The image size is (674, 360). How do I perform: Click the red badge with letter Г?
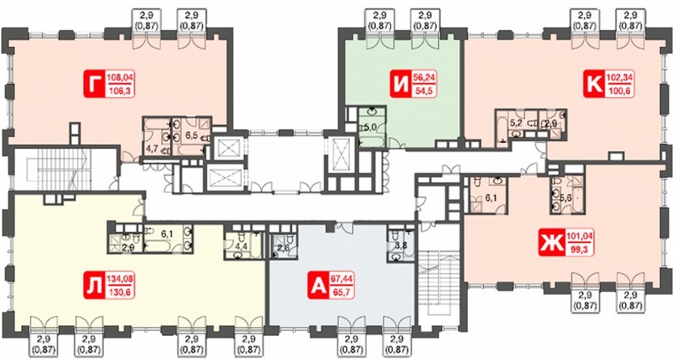point(94,85)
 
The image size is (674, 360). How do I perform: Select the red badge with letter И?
point(400,85)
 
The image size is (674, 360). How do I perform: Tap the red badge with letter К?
point(594,85)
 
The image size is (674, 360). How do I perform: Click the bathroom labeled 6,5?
point(192,136)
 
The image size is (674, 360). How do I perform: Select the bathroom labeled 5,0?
point(371,127)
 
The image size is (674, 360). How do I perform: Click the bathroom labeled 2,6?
point(284,245)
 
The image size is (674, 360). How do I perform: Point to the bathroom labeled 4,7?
point(157,138)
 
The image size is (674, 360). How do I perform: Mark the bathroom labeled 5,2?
point(516,123)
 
